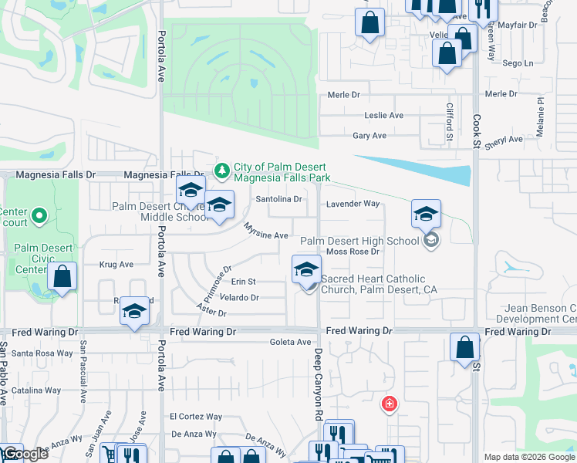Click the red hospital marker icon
[x=390, y=404]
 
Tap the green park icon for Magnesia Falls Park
[x=222, y=169]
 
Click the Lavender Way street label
[x=353, y=204]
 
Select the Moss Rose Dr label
[x=353, y=252]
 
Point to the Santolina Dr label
[x=278, y=199]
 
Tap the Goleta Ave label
[x=290, y=342]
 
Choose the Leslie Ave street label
[x=383, y=116]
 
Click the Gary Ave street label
[x=369, y=136]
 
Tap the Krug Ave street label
[x=116, y=264]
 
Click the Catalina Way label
[x=36, y=390]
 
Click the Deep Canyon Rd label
[x=317, y=384]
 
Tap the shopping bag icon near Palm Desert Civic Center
[x=62, y=276]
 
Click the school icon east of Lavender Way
[x=425, y=213]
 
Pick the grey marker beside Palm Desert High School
[x=431, y=241]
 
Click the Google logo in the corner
[x=24, y=455]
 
